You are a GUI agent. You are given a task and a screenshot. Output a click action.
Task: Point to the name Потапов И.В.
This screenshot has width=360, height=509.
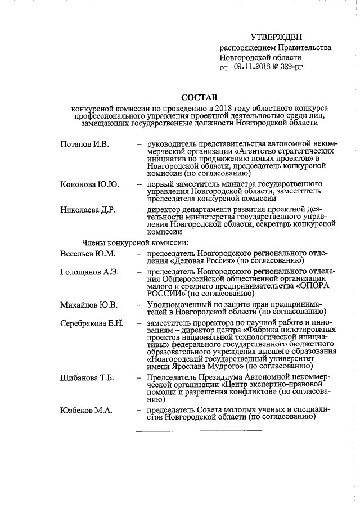click(x=84, y=145)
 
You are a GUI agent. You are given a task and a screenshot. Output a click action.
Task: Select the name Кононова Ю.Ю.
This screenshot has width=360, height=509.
click(x=89, y=184)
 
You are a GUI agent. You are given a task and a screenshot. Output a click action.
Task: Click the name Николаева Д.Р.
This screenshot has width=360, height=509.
click(x=88, y=210)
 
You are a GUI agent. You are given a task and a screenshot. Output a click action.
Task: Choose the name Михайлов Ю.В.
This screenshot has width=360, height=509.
click(x=88, y=305)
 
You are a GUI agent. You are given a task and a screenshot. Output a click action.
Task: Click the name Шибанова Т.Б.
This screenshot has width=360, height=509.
click(x=87, y=377)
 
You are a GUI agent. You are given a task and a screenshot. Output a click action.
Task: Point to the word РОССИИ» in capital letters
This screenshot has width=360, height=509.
click(x=164, y=293)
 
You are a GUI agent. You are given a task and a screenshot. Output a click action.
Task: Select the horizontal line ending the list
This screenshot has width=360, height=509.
click(x=198, y=430)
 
